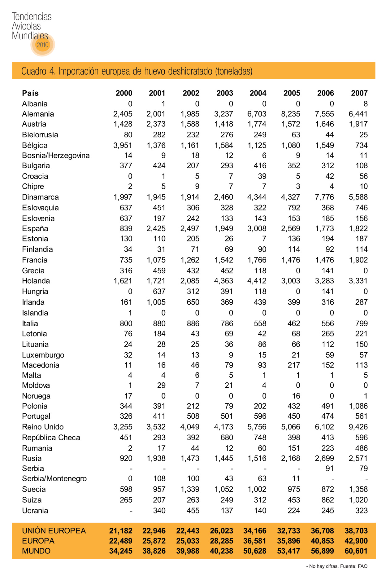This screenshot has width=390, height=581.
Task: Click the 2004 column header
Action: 258,93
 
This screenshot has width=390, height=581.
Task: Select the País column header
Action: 30,93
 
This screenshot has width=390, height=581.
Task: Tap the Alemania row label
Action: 38,114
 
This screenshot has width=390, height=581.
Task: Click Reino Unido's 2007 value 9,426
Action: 358,427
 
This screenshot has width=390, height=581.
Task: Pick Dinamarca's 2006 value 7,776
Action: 324,197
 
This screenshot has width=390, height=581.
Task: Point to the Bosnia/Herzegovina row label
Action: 56,155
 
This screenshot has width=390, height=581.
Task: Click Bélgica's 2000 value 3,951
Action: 123,145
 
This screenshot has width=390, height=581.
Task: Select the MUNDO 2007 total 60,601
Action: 356,551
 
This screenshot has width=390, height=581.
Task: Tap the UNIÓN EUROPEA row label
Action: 54,530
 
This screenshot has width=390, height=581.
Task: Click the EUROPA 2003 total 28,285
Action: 221,541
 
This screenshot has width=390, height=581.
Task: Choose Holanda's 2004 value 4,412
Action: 257,281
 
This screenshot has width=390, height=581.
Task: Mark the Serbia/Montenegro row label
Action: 54,478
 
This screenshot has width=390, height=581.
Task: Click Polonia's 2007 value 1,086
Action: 358,406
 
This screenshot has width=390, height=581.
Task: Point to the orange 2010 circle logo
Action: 43,45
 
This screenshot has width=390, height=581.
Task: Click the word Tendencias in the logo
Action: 32,16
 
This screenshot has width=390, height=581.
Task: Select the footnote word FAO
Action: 362,566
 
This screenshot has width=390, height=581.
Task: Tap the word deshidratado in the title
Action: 191,71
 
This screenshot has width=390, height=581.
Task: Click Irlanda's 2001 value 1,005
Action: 156,302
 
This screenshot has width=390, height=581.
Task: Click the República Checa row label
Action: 51,438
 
